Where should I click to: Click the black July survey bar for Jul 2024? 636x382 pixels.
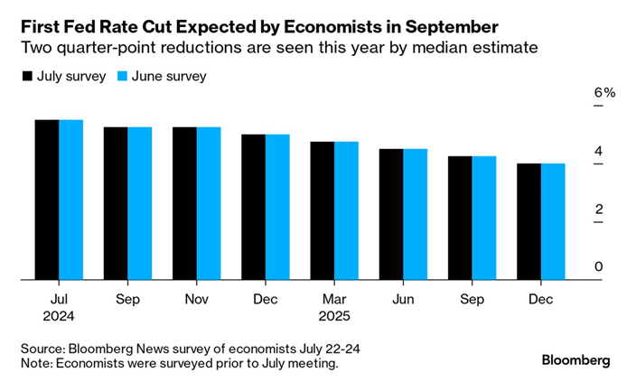pos(47,200)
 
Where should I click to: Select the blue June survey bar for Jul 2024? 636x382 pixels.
pos(71,200)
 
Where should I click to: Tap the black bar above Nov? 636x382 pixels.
pos(184,203)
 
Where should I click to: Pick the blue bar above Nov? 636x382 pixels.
pos(209,203)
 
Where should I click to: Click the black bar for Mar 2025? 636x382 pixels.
pos(323,210)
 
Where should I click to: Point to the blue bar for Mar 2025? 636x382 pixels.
pos(347,210)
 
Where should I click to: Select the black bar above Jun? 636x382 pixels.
pos(391,214)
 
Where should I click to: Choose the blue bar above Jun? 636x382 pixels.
pos(416,214)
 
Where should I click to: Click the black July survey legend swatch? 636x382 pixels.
pos(27,77)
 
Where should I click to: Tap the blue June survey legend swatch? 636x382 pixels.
pos(125,77)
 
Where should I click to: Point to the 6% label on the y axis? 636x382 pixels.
pos(603,93)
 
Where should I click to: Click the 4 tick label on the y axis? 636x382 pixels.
pos(597,151)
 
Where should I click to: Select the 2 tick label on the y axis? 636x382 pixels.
pos(597,210)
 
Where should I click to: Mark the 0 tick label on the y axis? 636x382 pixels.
pos(597,267)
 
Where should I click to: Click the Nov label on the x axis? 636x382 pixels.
pos(197,297)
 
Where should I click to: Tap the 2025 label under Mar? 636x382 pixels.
pos(334,316)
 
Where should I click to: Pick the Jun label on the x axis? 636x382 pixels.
pos(403,297)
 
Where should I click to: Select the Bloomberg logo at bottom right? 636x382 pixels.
pos(575,359)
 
